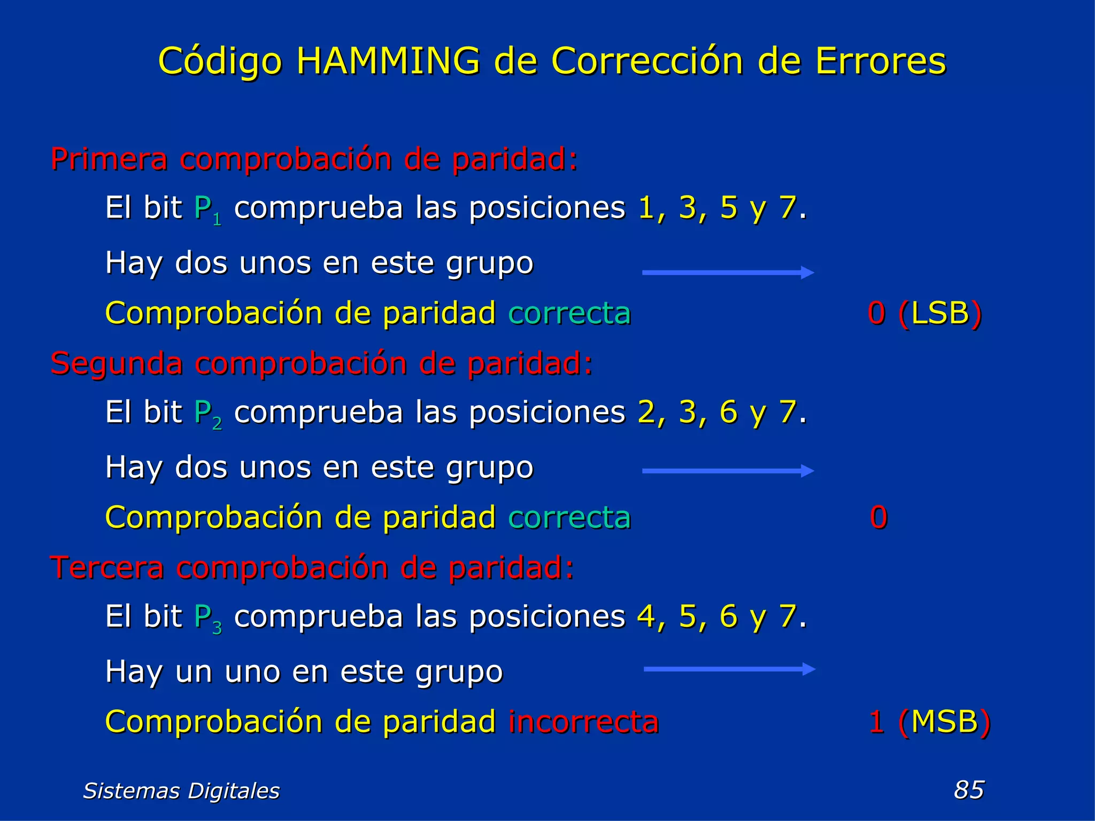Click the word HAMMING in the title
(x=388, y=61)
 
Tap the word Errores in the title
(x=880, y=61)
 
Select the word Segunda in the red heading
(x=116, y=363)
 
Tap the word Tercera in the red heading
(x=106, y=568)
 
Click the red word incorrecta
(x=583, y=722)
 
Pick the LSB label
(x=940, y=313)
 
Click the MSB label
(x=944, y=722)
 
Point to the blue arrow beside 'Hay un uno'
(x=729, y=669)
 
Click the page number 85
(x=969, y=789)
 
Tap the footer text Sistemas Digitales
(x=181, y=791)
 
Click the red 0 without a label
(x=878, y=517)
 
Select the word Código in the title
(x=220, y=62)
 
